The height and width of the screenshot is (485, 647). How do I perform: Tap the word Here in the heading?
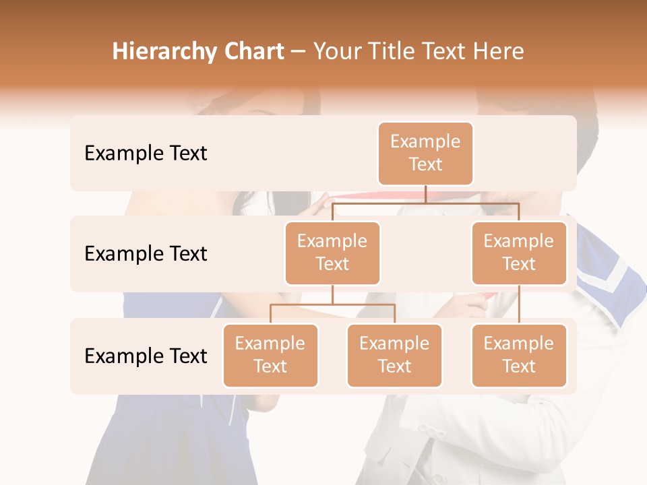point(498,51)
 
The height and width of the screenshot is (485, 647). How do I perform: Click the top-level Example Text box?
point(425,154)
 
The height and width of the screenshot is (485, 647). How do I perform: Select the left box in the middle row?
point(332,253)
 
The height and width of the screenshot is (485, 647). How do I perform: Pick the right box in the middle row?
point(519,253)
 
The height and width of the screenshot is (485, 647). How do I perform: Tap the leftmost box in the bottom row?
point(270,355)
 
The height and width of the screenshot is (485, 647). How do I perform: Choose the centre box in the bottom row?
point(394,355)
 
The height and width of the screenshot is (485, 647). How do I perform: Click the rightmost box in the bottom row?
point(519,355)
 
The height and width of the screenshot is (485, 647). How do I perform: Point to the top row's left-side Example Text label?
point(146,154)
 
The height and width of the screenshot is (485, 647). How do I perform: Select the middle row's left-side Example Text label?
point(146,254)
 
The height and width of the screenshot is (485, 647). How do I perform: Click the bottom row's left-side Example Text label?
point(146,356)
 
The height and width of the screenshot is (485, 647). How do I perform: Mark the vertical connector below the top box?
point(425,194)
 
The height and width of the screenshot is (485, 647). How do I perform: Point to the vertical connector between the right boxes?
point(519,304)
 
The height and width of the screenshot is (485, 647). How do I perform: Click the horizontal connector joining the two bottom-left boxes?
point(332,304)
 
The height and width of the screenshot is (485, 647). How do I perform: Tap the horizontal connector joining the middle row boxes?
point(425,202)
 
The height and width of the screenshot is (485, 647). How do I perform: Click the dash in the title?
point(299,52)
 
